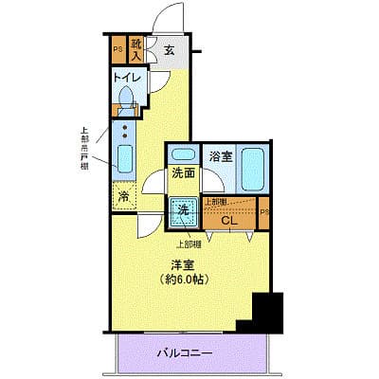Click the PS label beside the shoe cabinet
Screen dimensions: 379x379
coord(118,47)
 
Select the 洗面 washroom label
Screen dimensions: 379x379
coord(183,175)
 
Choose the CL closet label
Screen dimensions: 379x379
coord(229,220)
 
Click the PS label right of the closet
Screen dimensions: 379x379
coord(263,213)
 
